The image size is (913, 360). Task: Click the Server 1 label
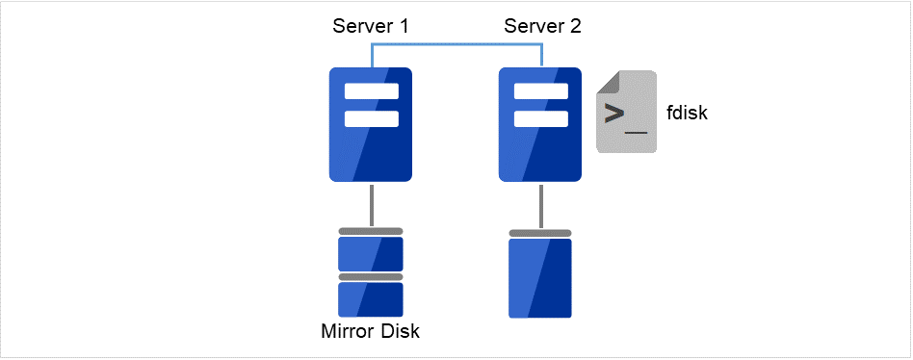(x=371, y=26)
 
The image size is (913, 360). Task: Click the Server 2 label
(x=542, y=26)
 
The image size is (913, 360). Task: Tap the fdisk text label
(x=687, y=114)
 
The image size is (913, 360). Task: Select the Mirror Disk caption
(x=371, y=333)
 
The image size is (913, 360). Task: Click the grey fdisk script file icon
(x=626, y=112)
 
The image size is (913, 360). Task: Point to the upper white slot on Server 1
(x=371, y=92)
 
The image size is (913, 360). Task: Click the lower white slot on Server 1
(x=371, y=119)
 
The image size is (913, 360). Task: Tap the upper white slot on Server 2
(x=540, y=92)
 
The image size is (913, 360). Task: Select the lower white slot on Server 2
(x=540, y=119)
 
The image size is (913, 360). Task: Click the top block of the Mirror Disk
(x=371, y=253)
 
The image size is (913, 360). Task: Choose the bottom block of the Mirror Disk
(x=371, y=299)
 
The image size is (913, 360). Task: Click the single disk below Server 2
(x=540, y=278)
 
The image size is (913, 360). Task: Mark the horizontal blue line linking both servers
(x=456, y=44)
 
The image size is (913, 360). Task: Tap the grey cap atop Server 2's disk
(x=540, y=233)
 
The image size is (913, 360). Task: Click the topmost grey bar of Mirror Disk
(x=371, y=231)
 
